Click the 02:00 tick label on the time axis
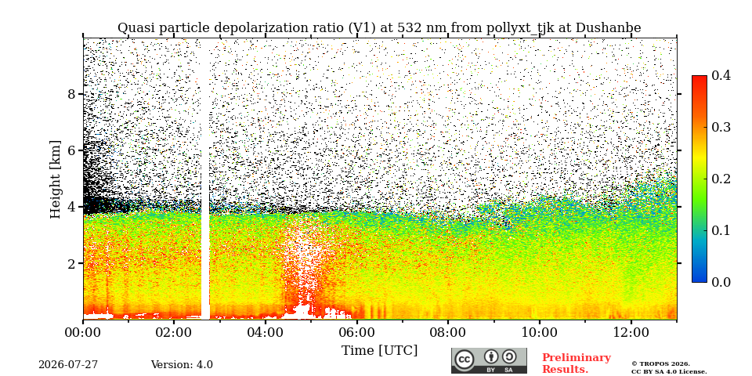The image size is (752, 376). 174,333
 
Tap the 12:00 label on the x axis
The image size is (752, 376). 631,333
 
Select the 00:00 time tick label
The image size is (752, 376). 83,333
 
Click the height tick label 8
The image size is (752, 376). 72,94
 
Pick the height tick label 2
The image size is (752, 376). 72,263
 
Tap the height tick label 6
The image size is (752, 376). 72,150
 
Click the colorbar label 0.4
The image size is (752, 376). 721,76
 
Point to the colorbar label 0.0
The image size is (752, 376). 721,282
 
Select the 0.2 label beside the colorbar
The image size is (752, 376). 721,179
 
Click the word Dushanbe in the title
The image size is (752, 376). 608,28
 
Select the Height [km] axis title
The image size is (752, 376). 56,179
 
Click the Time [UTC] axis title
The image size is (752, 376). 379,351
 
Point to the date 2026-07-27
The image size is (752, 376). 68,365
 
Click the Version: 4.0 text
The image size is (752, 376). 182,365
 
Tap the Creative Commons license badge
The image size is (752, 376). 489,360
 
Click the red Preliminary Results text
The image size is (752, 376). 577,363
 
